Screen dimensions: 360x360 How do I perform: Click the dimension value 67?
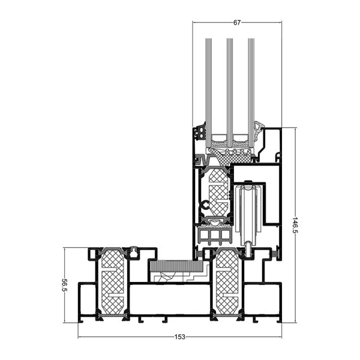[x=237, y=22]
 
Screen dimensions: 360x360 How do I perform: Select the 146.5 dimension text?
[x=295, y=225]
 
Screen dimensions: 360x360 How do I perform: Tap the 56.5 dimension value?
[x=64, y=285]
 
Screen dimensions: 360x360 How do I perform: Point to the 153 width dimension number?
[x=179, y=337]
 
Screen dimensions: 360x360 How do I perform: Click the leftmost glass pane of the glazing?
[x=208, y=92]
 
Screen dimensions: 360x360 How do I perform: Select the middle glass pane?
[x=230, y=92]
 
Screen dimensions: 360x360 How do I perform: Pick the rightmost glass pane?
[x=251, y=92]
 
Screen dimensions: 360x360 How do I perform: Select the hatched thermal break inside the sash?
[x=219, y=193]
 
